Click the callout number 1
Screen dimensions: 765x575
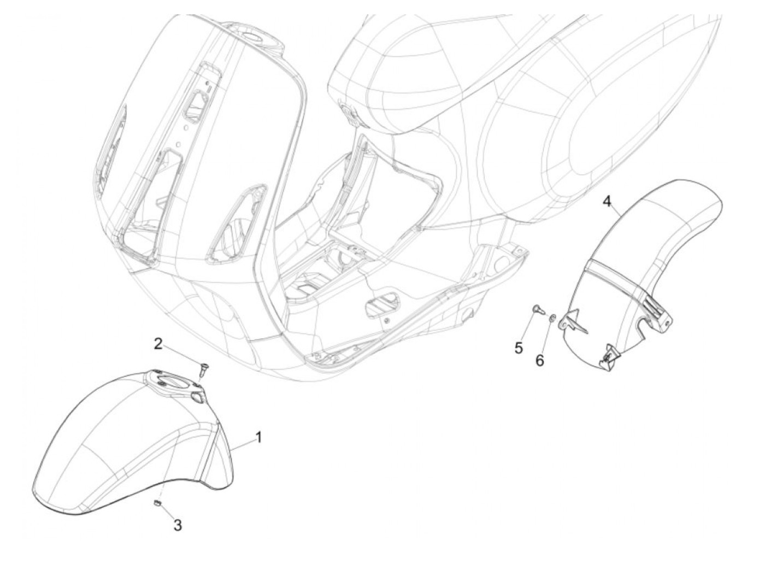click(x=258, y=437)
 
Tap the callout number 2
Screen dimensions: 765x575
click(x=158, y=344)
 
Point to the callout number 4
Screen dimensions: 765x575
click(x=607, y=202)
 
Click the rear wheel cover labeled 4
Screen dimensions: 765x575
click(x=624, y=279)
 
